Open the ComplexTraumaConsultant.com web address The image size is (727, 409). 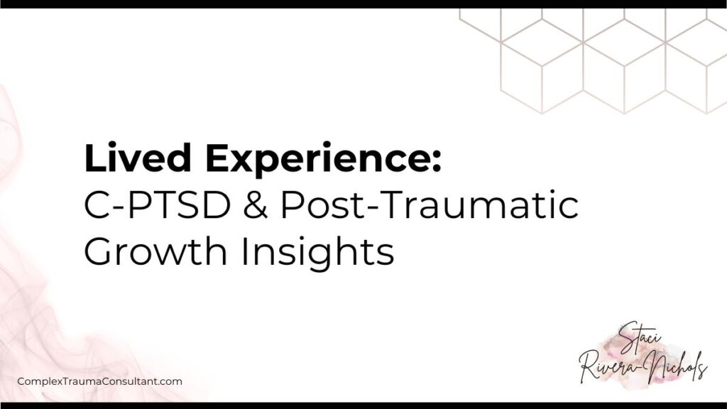pos(99,381)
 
